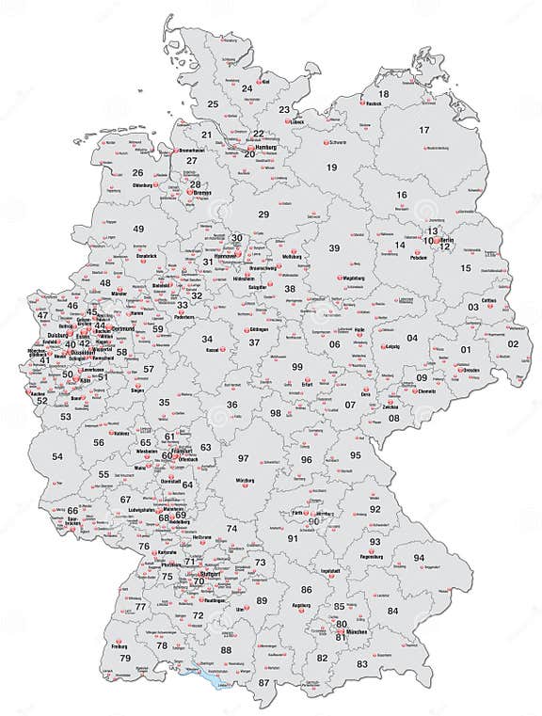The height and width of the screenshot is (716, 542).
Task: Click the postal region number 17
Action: [424, 130]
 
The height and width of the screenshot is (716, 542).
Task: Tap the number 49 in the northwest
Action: [138, 229]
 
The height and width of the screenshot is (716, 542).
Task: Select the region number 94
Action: [419, 558]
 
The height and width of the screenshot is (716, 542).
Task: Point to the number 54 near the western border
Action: [57, 456]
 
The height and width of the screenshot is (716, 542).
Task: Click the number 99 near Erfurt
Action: [297, 366]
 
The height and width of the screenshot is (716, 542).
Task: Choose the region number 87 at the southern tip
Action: [264, 682]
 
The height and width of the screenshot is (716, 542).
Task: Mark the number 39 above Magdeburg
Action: [334, 247]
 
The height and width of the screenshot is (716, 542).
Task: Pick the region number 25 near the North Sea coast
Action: [213, 103]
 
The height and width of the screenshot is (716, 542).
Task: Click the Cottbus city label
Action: [487, 300]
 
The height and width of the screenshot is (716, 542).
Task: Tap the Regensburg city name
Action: [373, 557]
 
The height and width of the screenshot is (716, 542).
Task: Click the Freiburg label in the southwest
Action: [120, 646]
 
